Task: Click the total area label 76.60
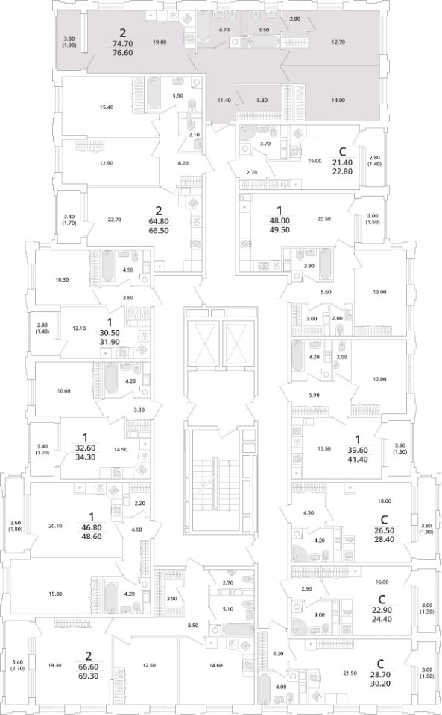point(122,52)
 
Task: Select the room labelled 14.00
point(338,101)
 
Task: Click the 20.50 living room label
point(323,219)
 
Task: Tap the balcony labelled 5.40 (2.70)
point(17,665)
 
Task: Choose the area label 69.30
point(89,676)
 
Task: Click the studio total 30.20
point(380,684)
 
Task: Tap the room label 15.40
point(107,107)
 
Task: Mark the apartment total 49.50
point(280,230)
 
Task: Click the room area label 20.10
point(54,526)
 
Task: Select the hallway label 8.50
point(193,626)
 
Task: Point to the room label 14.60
point(215,665)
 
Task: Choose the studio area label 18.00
point(385,500)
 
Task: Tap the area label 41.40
point(358,460)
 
